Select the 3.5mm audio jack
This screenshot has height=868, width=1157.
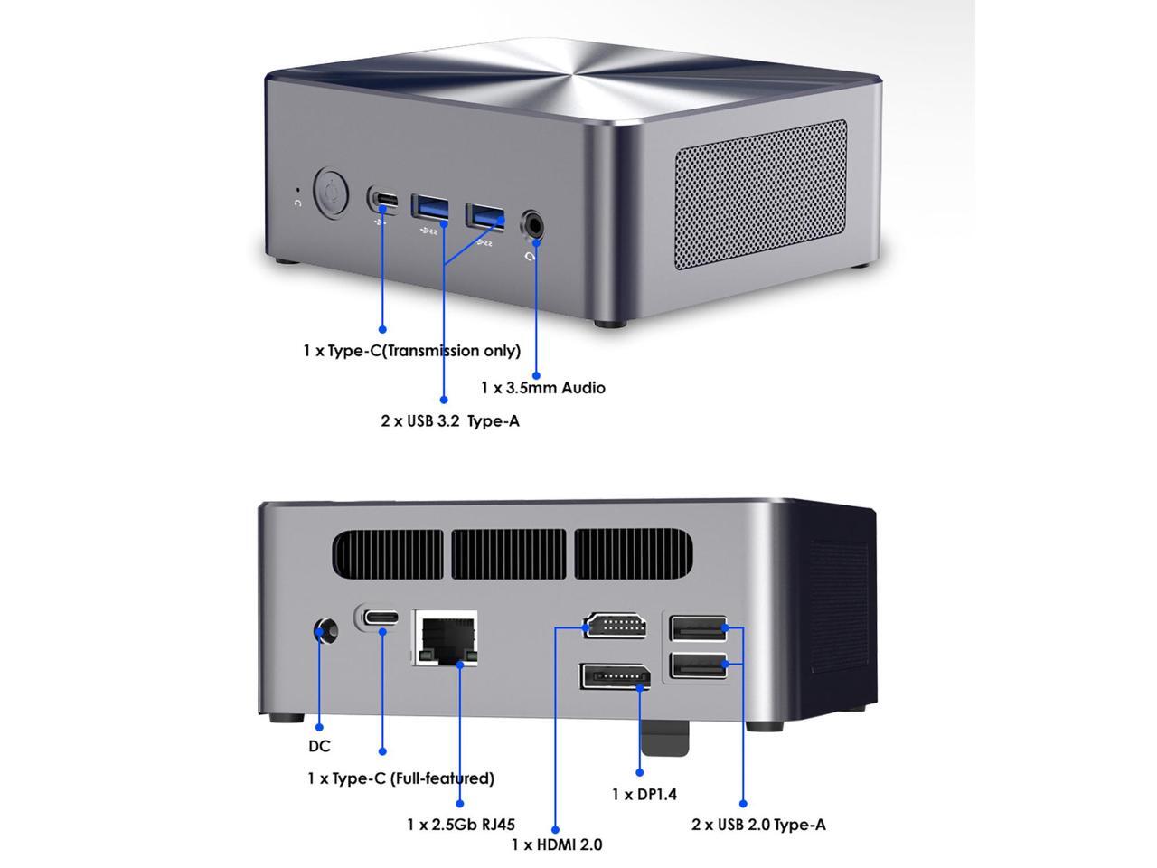pos(534,222)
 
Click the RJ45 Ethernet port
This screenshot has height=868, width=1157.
pos(446,637)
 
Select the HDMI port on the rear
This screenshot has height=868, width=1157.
pos(616,625)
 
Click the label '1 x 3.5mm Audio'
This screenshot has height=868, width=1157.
pos(543,388)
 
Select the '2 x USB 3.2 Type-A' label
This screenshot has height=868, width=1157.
pos(450,420)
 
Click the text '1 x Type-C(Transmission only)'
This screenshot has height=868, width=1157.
pos(411,351)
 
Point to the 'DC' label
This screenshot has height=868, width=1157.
pos(319,746)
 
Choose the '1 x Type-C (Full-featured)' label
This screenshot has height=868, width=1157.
pos(400,778)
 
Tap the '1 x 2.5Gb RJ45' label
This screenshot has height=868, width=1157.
pos(461,825)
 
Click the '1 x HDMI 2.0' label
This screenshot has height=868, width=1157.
pos(557,844)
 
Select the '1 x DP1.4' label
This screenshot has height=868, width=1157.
pos(644,795)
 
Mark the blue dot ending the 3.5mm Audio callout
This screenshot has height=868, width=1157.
pos(536,374)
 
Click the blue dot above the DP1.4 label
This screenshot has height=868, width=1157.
pos(640,772)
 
